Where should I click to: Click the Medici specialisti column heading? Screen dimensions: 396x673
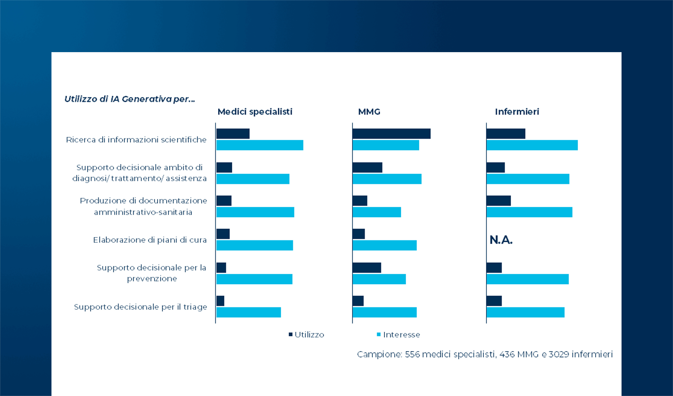tap(255, 112)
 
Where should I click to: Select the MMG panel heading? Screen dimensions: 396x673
tap(369, 112)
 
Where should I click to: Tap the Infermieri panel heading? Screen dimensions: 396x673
tap(517, 112)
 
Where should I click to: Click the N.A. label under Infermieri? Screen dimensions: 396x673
tap(501, 240)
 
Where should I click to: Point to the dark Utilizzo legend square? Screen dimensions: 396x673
tap(291, 335)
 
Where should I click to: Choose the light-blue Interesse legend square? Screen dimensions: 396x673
tap(379, 335)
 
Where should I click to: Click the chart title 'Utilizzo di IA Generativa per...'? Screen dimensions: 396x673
tap(130, 99)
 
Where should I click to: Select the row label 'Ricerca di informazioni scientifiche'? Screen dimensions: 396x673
tap(136, 140)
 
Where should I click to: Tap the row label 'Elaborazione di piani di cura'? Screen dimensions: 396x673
tap(150, 240)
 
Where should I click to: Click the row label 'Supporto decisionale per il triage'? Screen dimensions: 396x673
tap(141, 307)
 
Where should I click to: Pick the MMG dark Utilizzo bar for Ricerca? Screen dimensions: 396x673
tap(392, 134)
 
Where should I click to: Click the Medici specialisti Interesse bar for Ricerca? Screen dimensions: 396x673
tap(260, 145)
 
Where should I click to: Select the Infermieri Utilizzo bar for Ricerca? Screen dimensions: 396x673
tap(506, 134)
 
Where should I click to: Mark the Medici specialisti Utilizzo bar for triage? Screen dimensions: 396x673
tap(220, 301)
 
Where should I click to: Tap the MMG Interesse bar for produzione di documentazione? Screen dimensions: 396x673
tap(377, 212)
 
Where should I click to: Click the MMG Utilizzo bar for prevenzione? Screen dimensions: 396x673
tap(367, 268)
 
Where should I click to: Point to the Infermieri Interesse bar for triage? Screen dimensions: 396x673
tap(525, 312)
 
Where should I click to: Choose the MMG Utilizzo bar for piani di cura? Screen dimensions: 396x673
tap(359, 234)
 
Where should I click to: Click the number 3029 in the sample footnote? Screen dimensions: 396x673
tap(559, 354)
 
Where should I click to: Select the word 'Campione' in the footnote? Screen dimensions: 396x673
tap(379, 354)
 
